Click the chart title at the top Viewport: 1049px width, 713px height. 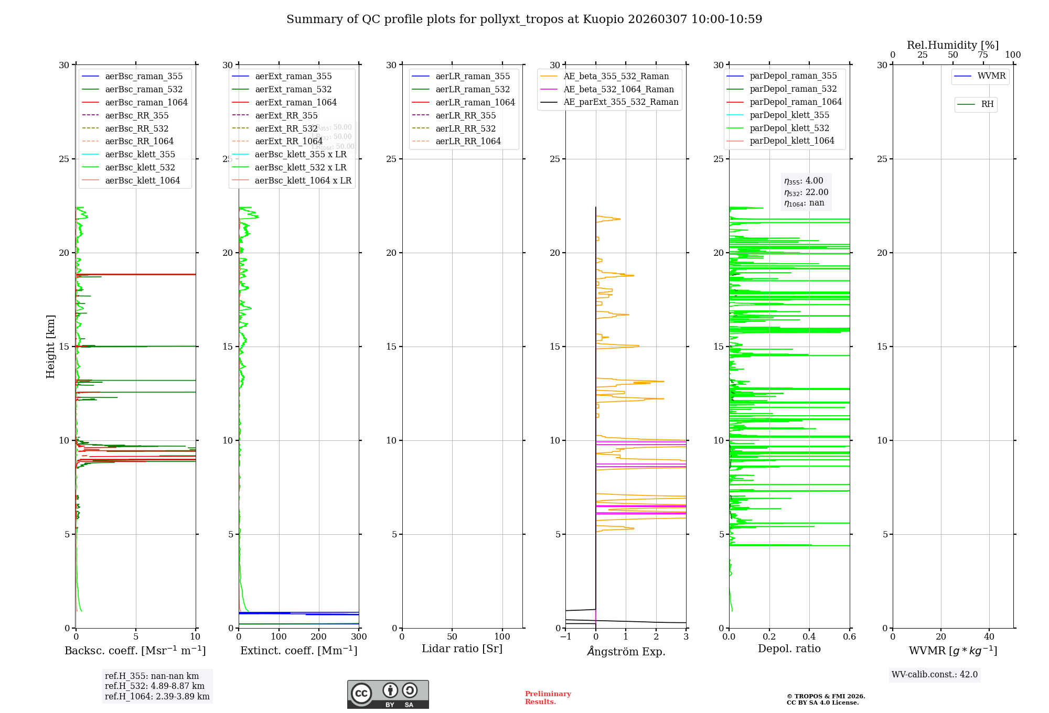click(524, 19)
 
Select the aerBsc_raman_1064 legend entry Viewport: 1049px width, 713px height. click(146, 102)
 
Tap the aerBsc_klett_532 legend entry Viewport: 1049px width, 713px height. click(140, 167)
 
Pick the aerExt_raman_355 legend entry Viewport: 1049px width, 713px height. click(293, 77)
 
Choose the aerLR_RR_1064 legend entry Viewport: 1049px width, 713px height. click(468, 141)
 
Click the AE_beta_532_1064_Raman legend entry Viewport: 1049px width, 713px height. click(618, 89)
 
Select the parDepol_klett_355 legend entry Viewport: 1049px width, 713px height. click(789, 115)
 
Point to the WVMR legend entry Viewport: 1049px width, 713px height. click(991, 76)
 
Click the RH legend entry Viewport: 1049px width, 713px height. click(987, 104)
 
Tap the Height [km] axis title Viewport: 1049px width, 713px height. click(50, 346)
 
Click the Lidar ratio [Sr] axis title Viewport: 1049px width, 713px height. click(462, 649)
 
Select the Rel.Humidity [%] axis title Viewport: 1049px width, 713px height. click(952, 45)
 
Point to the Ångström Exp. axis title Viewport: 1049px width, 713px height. click(626, 651)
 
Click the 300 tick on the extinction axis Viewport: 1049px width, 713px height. click(359, 637)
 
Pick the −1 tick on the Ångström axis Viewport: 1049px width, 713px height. click(565, 637)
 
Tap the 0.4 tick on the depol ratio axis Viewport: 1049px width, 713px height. click(809, 637)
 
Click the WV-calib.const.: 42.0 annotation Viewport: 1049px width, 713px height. click(934, 674)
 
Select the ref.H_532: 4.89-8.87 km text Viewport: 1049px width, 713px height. click(154, 686)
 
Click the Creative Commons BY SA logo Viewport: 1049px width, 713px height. click(388, 695)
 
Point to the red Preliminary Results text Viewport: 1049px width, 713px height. click(548, 698)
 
